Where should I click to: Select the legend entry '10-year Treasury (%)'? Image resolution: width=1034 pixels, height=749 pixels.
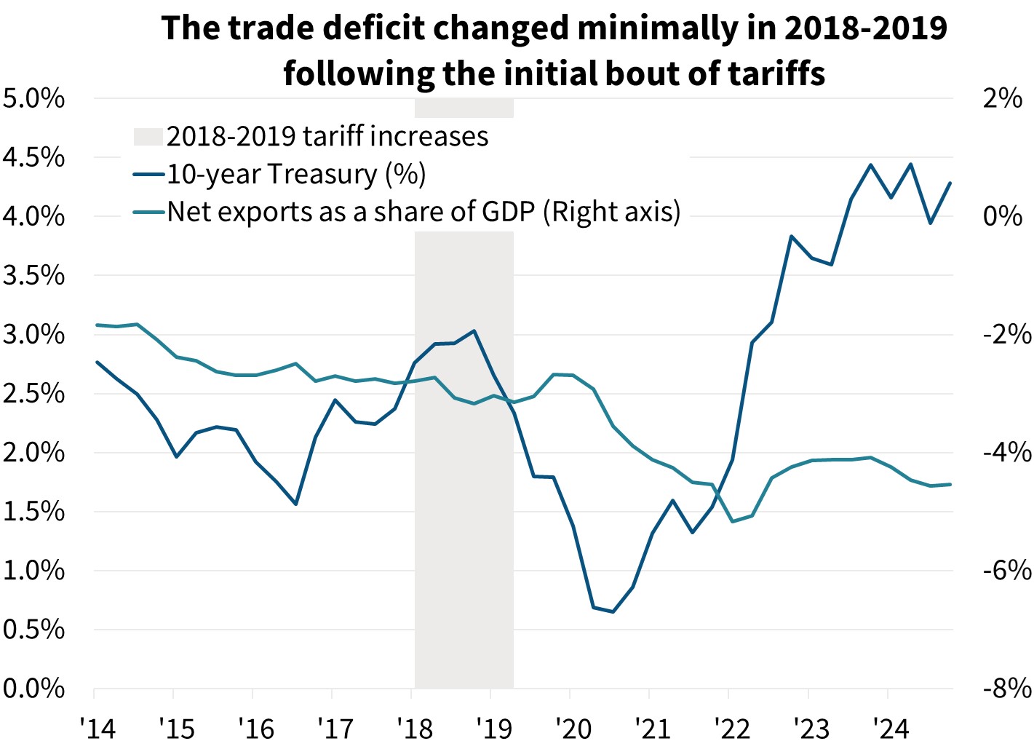coord(296,174)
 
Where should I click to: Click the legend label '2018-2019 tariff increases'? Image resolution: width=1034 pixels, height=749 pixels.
coord(327,136)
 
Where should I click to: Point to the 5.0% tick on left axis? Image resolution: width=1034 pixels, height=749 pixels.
coord(33,98)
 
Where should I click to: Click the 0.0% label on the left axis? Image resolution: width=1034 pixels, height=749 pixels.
coord(33,689)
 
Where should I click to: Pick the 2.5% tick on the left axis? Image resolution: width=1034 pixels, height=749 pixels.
coord(33,394)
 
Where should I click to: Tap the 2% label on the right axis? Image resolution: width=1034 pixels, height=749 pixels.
coord(1003,98)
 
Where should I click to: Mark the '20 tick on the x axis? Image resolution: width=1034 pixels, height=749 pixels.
coord(573,727)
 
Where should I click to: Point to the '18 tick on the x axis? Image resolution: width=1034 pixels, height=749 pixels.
coord(414,727)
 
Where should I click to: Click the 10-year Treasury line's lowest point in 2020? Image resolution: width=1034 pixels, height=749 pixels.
coord(613,612)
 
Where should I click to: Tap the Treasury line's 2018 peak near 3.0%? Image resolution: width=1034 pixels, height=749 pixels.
coord(474,331)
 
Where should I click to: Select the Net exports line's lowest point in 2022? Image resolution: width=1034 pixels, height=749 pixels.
coord(731,521)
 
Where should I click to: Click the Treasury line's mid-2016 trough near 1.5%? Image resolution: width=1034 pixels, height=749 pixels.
coord(295,504)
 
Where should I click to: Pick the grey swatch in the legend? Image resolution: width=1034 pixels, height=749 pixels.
coord(148,137)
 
